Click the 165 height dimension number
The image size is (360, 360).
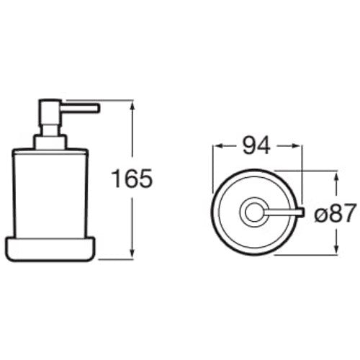(x=132, y=179)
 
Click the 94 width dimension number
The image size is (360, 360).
(x=256, y=145)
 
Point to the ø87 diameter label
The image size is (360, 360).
(x=335, y=213)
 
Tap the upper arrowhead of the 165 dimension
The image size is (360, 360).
(x=132, y=106)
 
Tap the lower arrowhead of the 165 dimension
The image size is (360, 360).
(x=132, y=253)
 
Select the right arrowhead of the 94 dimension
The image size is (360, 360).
(x=296, y=146)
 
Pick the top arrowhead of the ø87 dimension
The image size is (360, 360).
(x=336, y=177)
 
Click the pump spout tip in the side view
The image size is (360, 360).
(x=97, y=108)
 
